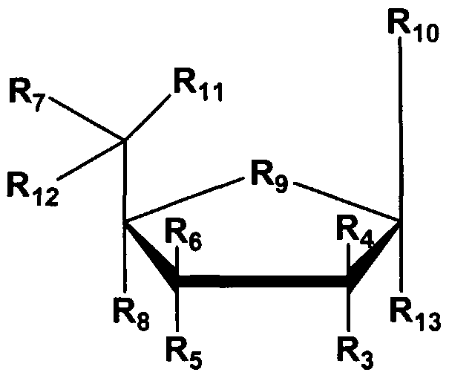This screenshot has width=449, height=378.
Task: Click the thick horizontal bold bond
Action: (263, 282)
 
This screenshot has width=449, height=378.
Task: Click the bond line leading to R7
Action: (88, 120)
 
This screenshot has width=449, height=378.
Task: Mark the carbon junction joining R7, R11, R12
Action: (125, 139)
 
